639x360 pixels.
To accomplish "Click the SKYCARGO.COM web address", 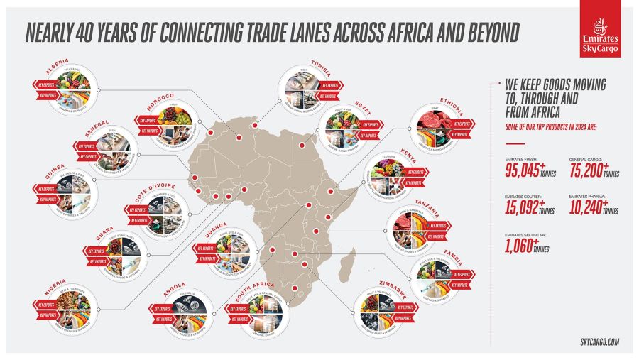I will coord(594,342).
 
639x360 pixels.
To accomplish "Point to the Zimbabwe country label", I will coord(388,283).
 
